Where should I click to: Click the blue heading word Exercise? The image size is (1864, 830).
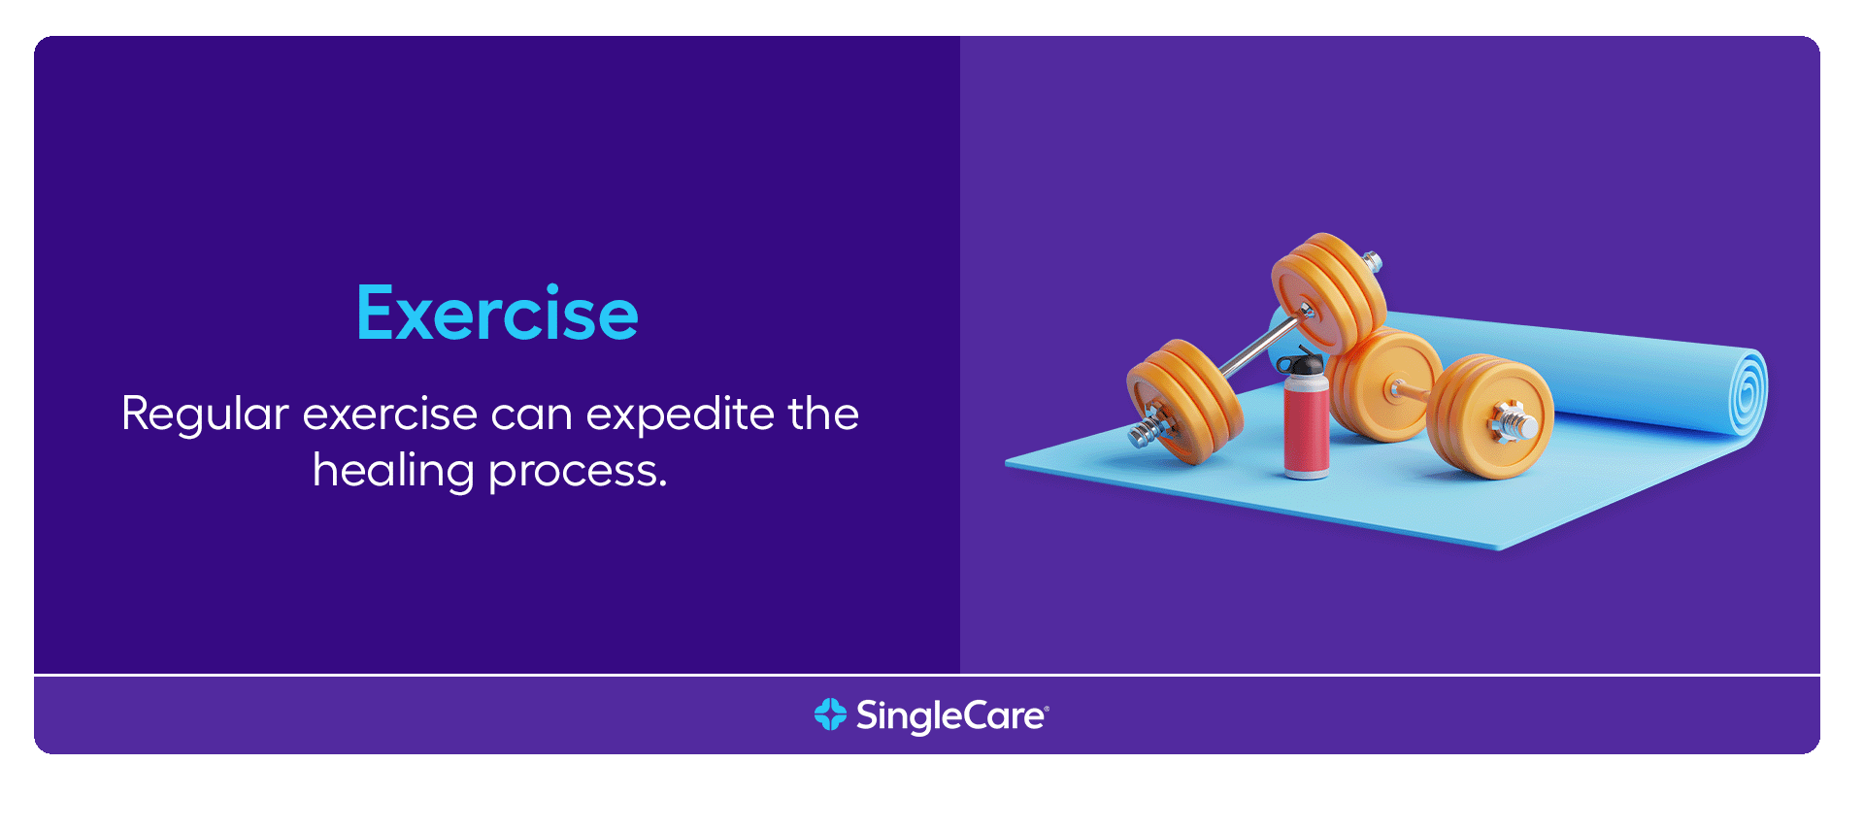tap(497, 313)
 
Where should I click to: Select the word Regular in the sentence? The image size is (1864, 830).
tap(205, 415)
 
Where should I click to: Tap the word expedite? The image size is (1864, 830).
tap(681, 415)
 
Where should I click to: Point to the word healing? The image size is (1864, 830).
tap(393, 472)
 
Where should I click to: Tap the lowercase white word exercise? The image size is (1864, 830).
tap(390, 415)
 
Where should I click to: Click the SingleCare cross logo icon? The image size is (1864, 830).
tap(830, 714)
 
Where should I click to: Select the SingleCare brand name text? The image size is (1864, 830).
tap(951, 716)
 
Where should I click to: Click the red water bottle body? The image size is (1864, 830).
tap(1307, 427)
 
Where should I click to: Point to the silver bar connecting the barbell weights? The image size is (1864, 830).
tap(1260, 346)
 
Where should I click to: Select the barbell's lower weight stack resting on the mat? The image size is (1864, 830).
tap(1184, 400)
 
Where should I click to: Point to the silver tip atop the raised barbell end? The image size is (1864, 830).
tap(1372, 260)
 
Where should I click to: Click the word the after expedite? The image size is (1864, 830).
tap(823, 415)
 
